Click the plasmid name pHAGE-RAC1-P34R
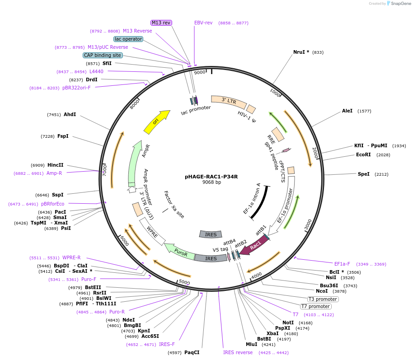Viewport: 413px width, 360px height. [211, 177]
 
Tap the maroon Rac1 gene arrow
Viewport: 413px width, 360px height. [256, 245]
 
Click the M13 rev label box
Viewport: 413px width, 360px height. [161, 23]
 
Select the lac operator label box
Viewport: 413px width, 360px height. [128, 39]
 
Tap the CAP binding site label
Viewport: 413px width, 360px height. [103, 55]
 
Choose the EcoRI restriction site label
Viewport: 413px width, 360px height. [364, 155]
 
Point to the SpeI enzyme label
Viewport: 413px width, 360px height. [364, 174]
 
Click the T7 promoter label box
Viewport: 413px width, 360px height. [316, 307]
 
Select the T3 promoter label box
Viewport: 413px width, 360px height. [323, 299]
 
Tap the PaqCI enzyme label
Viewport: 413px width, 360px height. [192, 352]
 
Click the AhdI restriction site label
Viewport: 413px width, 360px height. [70, 114]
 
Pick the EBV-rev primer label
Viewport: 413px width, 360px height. [203, 23]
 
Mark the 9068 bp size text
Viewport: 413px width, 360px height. [211, 182]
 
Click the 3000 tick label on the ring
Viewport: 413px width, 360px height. [308, 224]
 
